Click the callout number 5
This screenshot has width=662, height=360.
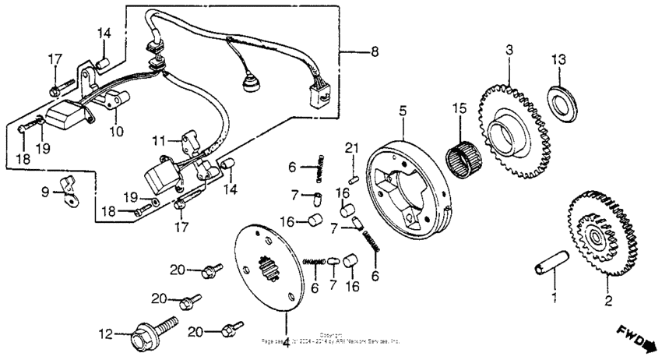[x=403, y=112]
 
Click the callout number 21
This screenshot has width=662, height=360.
[x=351, y=150]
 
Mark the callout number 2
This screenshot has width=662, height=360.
[x=608, y=299]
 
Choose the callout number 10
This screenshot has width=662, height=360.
[x=116, y=132]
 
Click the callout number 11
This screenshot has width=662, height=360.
[x=159, y=142]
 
